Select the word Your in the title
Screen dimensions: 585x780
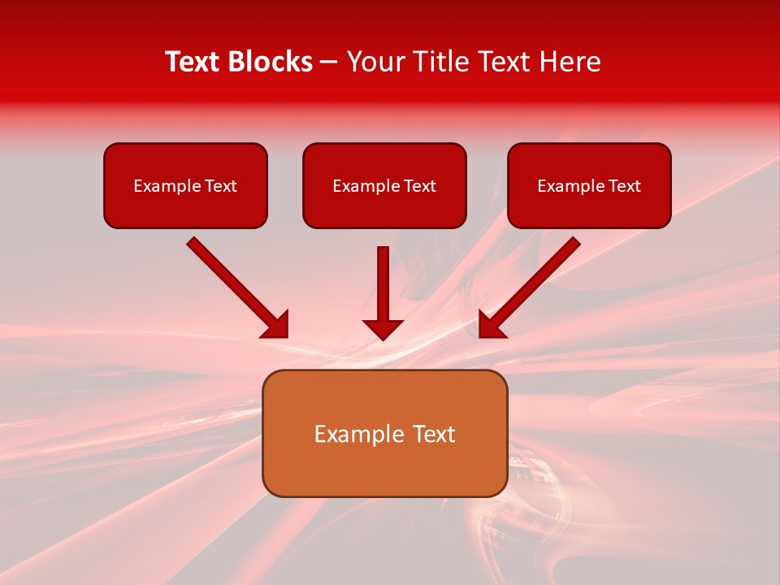[375, 62]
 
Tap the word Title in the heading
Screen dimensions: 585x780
[440, 62]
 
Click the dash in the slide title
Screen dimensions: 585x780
[329, 63]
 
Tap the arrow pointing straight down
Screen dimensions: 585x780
[383, 288]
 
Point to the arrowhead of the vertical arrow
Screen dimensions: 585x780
[383, 329]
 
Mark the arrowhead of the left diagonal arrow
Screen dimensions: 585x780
[276, 325]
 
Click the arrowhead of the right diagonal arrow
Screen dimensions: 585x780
[492, 325]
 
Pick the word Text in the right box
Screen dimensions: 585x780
[624, 186]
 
